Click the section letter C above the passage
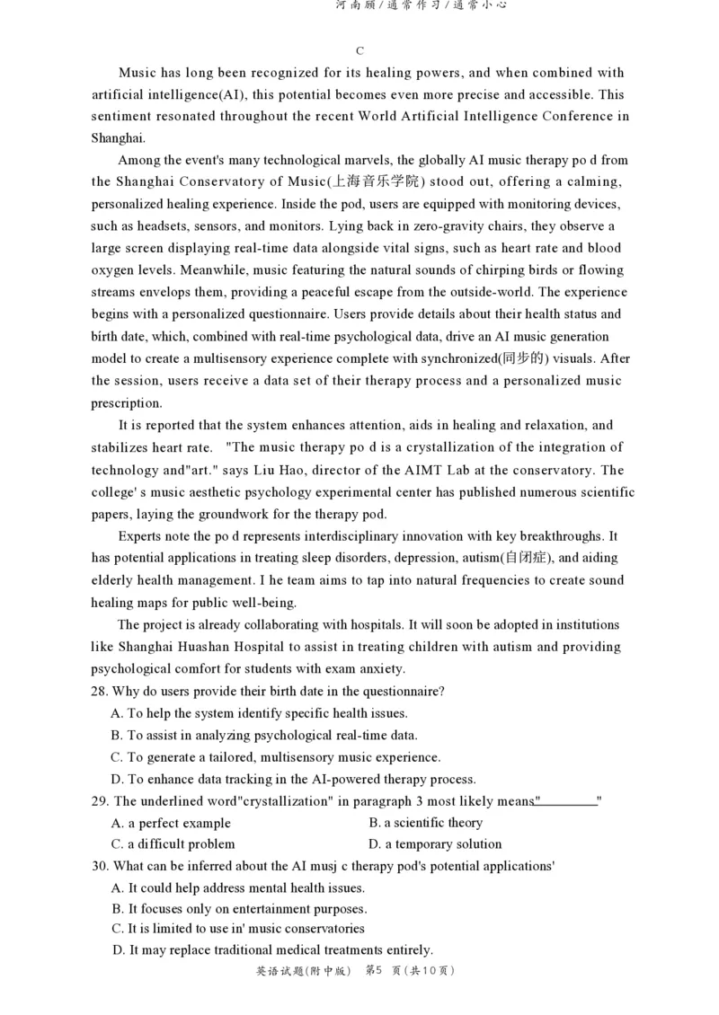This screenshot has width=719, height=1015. point(359,51)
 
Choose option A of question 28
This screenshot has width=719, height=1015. point(259,713)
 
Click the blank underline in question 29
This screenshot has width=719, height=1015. point(566,801)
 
